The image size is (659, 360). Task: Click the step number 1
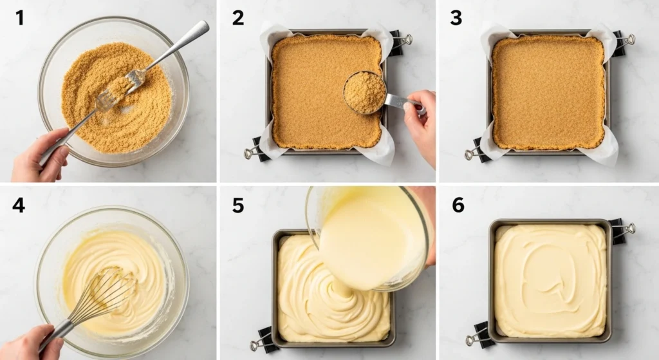[x=19, y=17]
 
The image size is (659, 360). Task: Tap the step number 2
[x=237, y=17]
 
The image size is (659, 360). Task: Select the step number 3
[x=456, y=17]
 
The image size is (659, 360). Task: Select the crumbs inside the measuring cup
[x=364, y=92]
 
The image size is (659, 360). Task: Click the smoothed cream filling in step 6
[x=550, y=280]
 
